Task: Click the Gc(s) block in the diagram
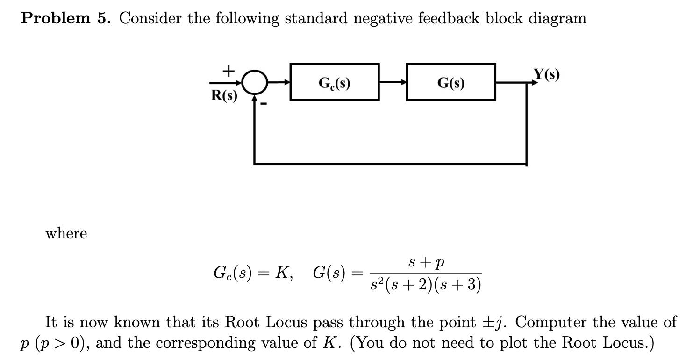click(x=334, y=82)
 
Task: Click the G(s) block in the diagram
click(x=451, y=82)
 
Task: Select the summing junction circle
click(x=254, y=83)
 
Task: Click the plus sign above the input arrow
click(x=228, y=71)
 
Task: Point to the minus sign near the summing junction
click(x=264, y=104)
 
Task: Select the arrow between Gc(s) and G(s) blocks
click(x=393, y=83)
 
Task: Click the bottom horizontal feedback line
click(x=390, y=164)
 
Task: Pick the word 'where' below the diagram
click(x=66, y=233)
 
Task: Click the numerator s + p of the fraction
click(x=426, y=263)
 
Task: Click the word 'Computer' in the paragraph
click(x=550, y=322)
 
